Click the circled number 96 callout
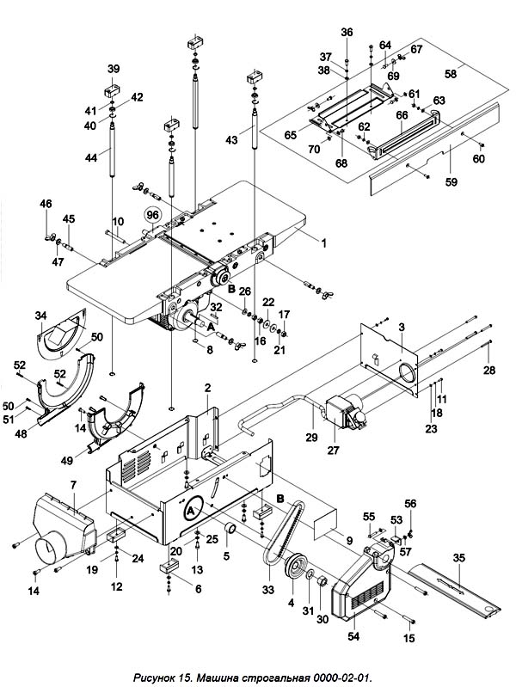tap(152, 215)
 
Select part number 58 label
tap(451, 74)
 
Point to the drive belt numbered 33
tap(280, 531)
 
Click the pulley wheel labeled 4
tap(295, 570)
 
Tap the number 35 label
tap(458, 558)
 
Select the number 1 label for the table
tap(324, 242)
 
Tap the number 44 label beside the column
tap(91, 156)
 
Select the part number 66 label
tap(402, 115)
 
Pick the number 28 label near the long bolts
tap(488, 370)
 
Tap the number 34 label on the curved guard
tap(40, 315)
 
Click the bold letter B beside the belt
tap(280, 498)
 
